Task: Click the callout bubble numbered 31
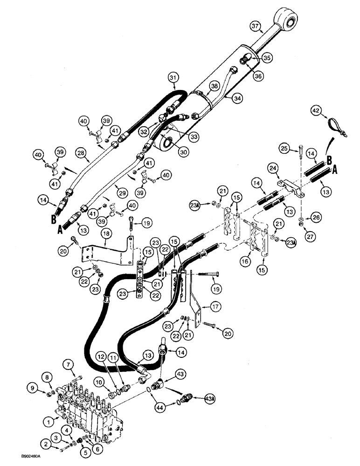click(x=173, y=77)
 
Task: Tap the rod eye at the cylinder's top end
click(x=287, y=21)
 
